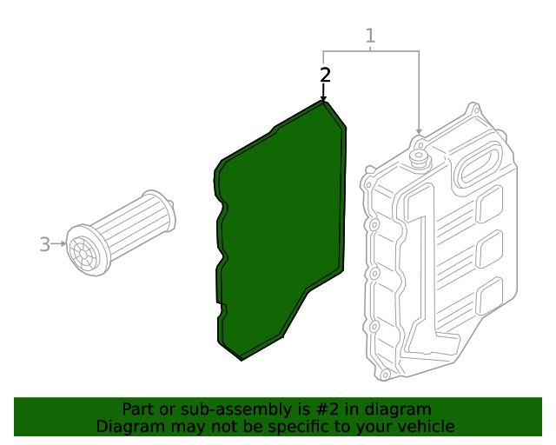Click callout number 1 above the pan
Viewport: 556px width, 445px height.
pyautogui.click(x=370, y=36)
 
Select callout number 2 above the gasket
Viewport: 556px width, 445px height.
pyautogui.click(x=325, y=75)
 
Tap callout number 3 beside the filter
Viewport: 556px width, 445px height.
pyautogui.click(x=45, y=244)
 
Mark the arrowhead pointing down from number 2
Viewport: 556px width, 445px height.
pyautogui.click(x=324, y=98)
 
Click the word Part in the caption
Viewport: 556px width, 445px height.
pyautogui.click(x=138, y=409)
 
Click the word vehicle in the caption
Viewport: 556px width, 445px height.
pyautogui.click(x=424, y=427)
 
